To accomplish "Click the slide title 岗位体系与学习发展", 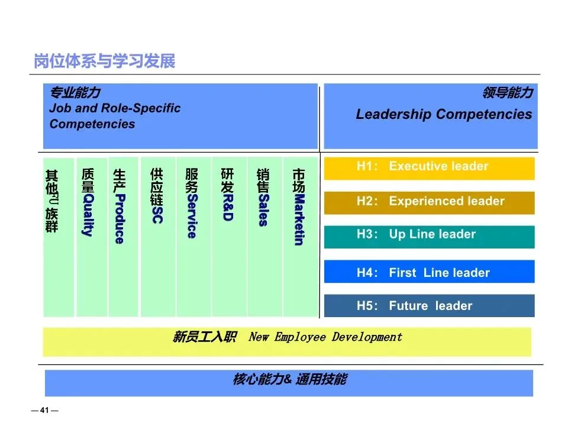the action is click(x=105, y=62).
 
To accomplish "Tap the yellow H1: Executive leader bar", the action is click(x=429, y=167).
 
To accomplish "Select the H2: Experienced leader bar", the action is click(x=429, y=202).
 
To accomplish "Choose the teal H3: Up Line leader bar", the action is click(x=429, y=235).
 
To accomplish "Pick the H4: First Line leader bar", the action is click(x=429, y=272).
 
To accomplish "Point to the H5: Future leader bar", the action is click(x=429, y=306).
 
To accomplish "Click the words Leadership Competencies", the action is click(x=444, y=115).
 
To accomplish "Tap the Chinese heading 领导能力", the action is click(x=508, y=93).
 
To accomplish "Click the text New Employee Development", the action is click(x=325, y=337).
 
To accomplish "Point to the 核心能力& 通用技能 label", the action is click(x=289, y=380).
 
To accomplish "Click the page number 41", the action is click(x=44, y=411).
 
